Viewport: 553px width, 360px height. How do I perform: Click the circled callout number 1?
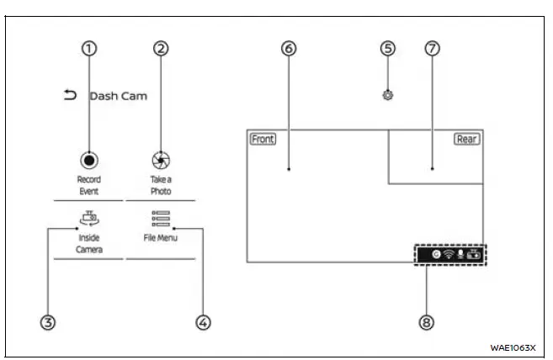tap(88, 48)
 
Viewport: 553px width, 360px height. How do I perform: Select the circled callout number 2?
tap(161, 48)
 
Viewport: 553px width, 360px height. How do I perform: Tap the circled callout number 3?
tap(48, 322)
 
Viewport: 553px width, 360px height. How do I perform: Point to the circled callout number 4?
tap(201, 322)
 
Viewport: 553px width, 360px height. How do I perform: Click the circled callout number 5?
tap(387, 48)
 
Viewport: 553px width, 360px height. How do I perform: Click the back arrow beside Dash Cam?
tap(70, 95)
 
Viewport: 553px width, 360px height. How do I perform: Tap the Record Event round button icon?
tap(88, 160)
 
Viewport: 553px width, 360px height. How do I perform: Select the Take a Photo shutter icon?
tap(161, 160)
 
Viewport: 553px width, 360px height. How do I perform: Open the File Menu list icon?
tap(160, 220)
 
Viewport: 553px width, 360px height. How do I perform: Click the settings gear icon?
tap(387, 95)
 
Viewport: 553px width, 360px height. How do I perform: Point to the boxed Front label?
tap(263, 139)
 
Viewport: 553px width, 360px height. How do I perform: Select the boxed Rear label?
tap(466, 139)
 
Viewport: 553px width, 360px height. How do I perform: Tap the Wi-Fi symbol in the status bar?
tap(449, 254)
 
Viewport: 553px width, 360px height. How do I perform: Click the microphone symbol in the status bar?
tap(460, 254)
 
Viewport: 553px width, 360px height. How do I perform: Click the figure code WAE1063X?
tap(513, 347)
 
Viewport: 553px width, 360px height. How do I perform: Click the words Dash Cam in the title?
tap(118, 96)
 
